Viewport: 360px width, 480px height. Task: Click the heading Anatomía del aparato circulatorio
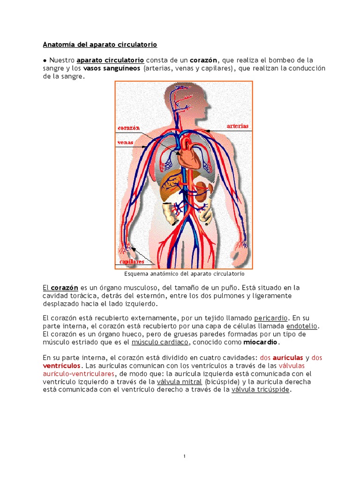(100, 45)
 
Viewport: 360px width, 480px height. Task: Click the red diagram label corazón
(129, 127)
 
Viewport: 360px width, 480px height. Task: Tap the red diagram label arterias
(238, 126)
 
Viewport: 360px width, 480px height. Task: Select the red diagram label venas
(125, 142)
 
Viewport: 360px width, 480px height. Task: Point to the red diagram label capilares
(132, 262)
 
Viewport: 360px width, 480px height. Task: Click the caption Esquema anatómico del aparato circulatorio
(184, 273)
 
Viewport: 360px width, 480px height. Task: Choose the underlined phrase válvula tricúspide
(261, 390)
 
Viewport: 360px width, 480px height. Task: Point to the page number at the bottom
(185, 456)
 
